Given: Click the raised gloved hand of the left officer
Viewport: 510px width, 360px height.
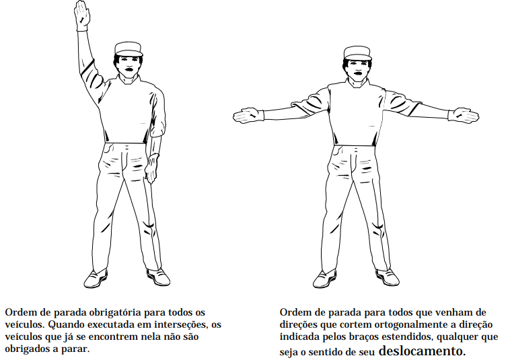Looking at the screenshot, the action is click(x=81, y=15).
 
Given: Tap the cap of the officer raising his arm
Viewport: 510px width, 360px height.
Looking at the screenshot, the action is click(x=129, y=48).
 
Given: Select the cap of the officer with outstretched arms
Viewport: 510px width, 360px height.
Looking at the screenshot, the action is click(x=357, y=53).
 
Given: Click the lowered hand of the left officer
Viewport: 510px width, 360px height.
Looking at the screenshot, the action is click(x=151, y=168).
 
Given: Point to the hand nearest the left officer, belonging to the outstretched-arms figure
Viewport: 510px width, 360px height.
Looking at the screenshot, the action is click(x=248, y=116).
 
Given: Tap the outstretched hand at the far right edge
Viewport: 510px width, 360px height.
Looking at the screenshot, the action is click(x=463, y=115).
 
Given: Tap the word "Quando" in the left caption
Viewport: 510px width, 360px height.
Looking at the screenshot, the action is click(x=65, y=325).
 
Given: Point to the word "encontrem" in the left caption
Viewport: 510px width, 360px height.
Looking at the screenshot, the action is click(x=112, y=337).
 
